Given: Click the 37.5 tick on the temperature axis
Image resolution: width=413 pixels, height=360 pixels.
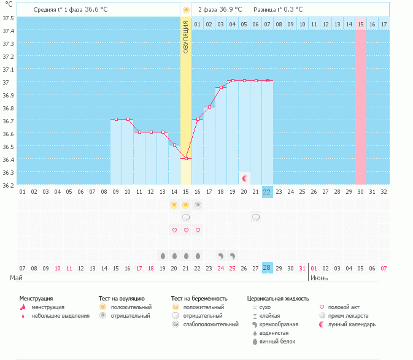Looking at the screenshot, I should coord(9,17).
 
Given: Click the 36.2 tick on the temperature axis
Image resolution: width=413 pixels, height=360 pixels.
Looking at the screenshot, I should coord(9,185).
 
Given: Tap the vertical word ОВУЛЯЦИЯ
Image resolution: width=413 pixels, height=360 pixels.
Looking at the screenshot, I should coord(186,37).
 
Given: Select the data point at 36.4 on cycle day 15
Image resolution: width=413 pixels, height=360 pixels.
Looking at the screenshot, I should coord(186,159).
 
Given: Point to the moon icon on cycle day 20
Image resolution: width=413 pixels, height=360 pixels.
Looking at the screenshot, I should coord(245,178).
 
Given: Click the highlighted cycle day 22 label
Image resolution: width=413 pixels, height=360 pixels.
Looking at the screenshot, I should coord(267,191).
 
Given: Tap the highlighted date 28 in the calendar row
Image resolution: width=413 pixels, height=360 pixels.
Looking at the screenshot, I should coord(267,268).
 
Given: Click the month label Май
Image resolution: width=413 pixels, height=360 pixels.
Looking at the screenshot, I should coord(17,278).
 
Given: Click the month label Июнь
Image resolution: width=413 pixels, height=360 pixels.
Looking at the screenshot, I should coord(319,278).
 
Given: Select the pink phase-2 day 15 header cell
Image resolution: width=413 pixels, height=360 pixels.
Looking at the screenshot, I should coord(361,24).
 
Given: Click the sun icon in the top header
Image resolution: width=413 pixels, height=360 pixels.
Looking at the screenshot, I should coord(186,10).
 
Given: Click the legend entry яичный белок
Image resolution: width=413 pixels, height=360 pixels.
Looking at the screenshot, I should coord(280,341).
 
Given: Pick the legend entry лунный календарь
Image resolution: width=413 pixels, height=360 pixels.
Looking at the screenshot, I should coord(352,324).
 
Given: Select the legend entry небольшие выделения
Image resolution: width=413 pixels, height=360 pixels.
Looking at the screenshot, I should coord(60,316).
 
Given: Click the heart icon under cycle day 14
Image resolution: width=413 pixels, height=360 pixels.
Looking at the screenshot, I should coord(174,230).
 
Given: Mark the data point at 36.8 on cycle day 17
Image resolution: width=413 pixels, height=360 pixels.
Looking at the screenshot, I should coord(209,107).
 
